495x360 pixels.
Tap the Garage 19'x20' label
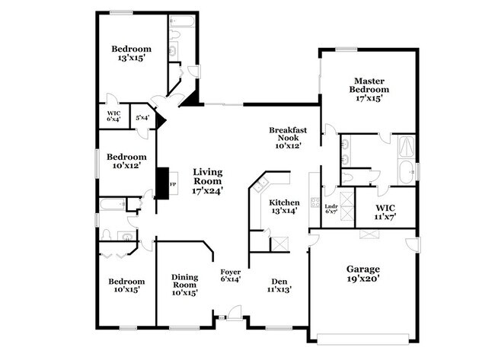[x=363, y=274]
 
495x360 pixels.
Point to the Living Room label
[x=207, y=182]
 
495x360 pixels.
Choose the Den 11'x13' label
[x=279, y=284]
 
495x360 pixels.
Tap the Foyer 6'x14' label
[x=231, y=276]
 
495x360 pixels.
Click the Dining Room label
[x=185, y=284]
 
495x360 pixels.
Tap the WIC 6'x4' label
[x=113, y=116]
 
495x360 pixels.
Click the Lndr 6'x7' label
[x=331, y=209]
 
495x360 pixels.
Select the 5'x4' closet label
[x=142, y=118]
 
